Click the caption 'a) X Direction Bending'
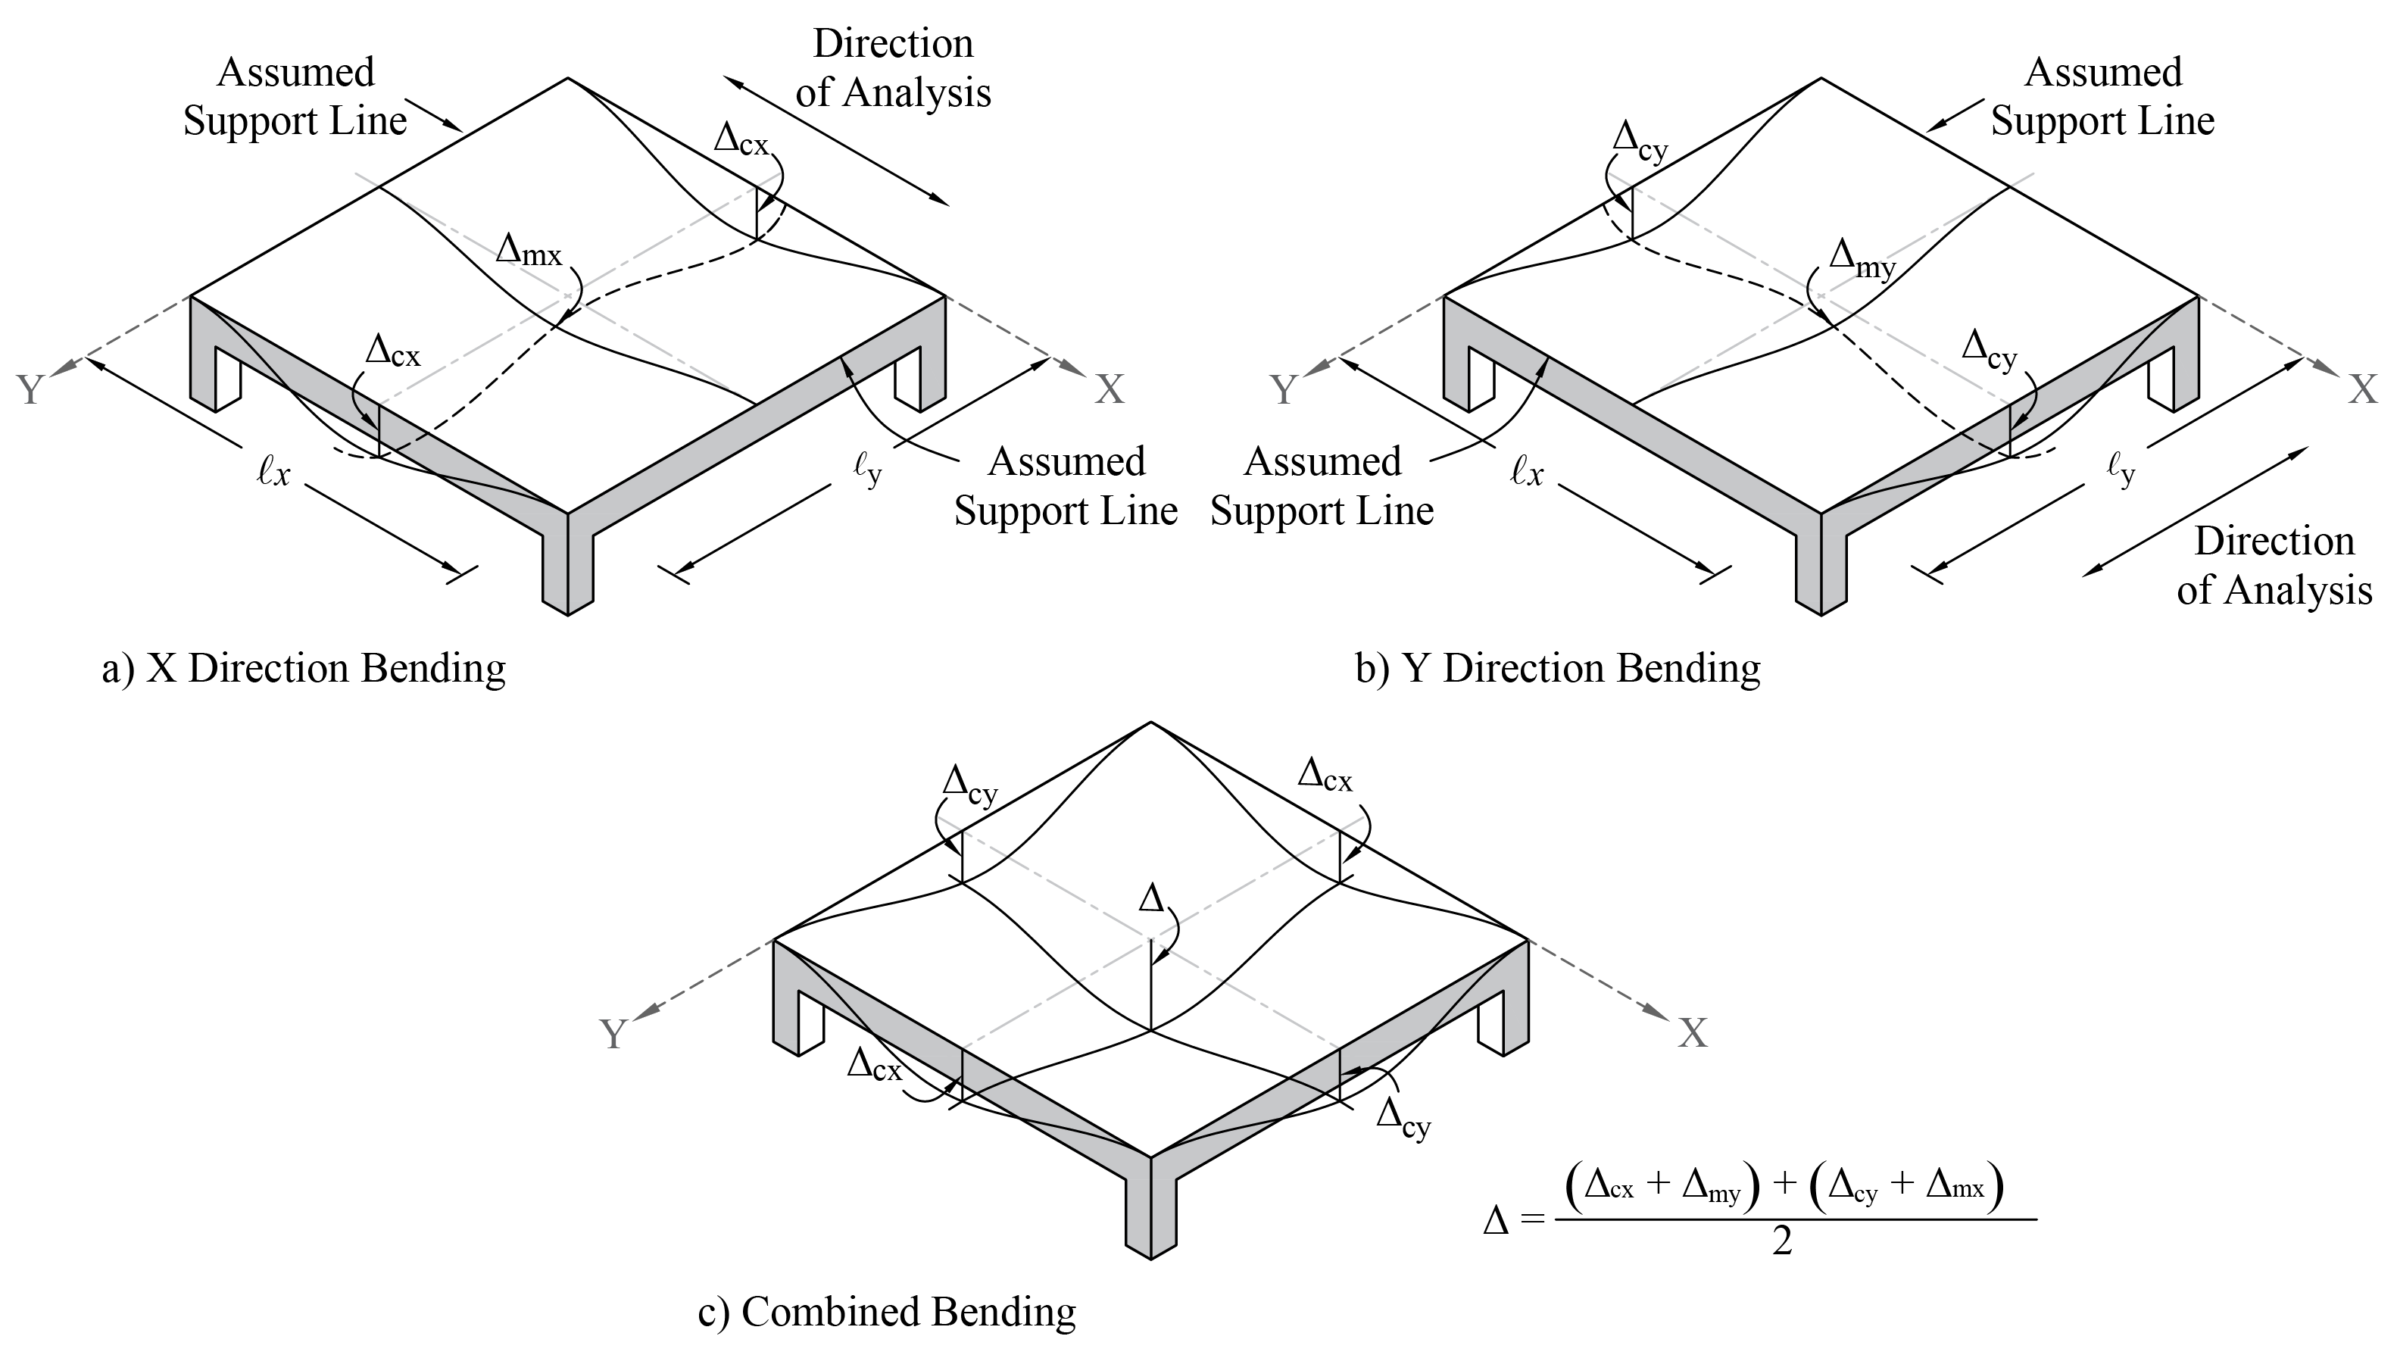[304, 669]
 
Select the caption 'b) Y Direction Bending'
[1558, 669]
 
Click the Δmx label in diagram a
[529, 251]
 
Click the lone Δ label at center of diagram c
[1152, 899]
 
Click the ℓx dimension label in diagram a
[273, 473]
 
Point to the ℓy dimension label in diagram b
[2121, 472]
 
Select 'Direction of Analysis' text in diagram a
[894, 69]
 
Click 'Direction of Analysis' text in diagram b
[2274, 566]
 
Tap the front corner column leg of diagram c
[1151, 1210]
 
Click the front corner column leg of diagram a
[567, 566]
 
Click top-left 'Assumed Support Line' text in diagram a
[295, 97]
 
